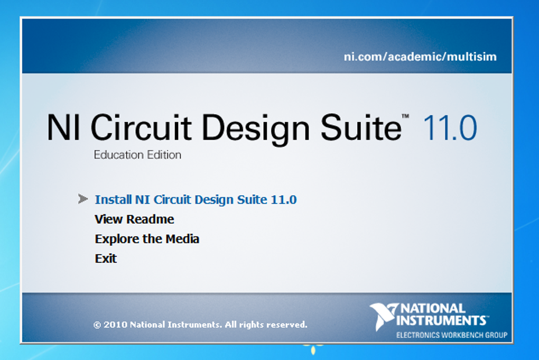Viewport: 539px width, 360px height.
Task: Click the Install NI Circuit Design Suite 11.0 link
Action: coord(196,200)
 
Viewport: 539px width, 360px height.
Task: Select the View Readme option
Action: coord(134,219)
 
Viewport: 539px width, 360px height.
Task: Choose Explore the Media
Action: coord(147,239)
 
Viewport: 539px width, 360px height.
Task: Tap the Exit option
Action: coord(106,259)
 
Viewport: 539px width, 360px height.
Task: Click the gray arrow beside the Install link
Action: coord(83,199)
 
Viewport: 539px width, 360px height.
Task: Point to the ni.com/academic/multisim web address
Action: coord(420,57)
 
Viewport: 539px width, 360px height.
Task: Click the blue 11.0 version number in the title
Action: coord(450,128)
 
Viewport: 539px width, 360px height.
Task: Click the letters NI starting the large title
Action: coord(63,127)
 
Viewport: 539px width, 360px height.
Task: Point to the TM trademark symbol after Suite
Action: coord(406,116)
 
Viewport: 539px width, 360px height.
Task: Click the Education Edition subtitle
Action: coord(137,155)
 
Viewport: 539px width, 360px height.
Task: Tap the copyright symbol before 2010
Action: coord(97,325)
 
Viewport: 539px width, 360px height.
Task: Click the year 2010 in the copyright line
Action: coord(116,325)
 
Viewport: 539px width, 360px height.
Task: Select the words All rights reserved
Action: coord(266,325)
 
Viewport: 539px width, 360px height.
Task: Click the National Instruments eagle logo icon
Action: coord(383,316)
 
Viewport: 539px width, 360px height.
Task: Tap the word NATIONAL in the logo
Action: coord(433,308)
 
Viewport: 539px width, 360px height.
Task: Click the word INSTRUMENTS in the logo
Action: coord(441,320)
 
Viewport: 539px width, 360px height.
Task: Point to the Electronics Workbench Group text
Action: coord(452,335)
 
